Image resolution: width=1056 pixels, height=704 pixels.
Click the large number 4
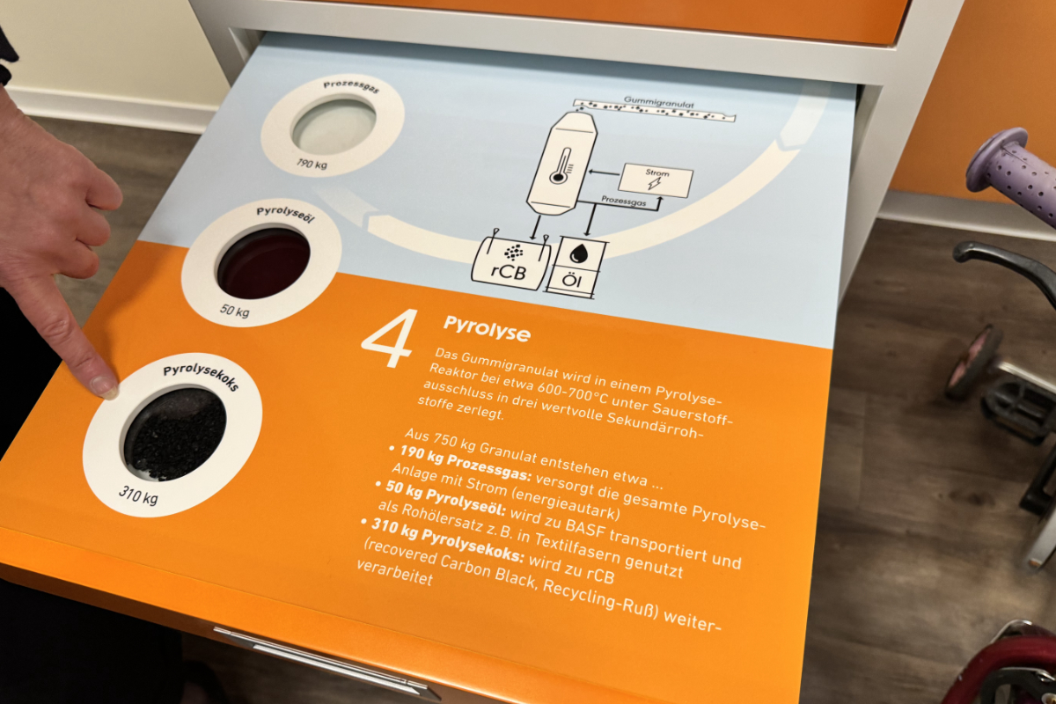(390, 338)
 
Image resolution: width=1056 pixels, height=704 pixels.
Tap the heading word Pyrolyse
(487, 328)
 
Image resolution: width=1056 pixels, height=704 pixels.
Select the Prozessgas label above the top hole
(351, 87)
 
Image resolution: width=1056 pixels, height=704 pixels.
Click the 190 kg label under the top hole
(312, 164)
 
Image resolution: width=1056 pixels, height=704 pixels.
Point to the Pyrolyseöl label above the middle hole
(285, 215)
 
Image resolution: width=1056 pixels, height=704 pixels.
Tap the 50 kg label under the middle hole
(235, 311)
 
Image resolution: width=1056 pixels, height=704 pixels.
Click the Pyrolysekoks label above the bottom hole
(202, 377)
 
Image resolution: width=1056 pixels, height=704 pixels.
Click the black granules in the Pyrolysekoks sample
(175, 438)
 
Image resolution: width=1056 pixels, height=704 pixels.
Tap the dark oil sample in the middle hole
(263, 264)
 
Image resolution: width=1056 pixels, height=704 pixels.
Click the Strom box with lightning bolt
(656, 180)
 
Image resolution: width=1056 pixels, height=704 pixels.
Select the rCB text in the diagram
(509, 272)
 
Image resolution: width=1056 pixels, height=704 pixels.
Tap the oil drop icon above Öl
(579, 253)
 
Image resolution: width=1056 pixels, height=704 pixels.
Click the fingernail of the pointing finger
(104, 386)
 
